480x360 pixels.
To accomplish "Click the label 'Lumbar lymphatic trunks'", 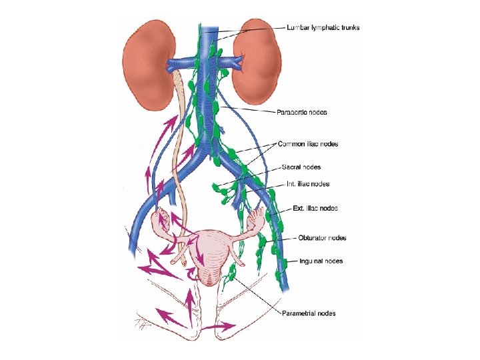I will pos(323,27).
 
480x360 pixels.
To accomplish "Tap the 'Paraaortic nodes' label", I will pos(301,112).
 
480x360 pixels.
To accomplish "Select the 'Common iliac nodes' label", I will pos(309,143).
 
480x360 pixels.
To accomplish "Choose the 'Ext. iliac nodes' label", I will pos(315,208).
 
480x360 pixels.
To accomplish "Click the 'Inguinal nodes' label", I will pos(321,261).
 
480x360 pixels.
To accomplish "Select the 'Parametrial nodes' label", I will pos(309,313).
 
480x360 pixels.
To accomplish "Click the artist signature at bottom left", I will pos(142,325).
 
